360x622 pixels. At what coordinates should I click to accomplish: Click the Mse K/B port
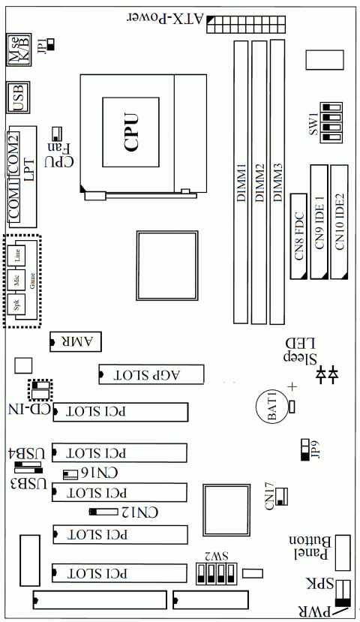[18, 51]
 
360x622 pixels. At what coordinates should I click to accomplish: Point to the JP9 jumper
[304, 449]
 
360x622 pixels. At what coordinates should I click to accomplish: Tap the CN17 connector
[282, 494]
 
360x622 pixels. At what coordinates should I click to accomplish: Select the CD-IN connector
[40, 391]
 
